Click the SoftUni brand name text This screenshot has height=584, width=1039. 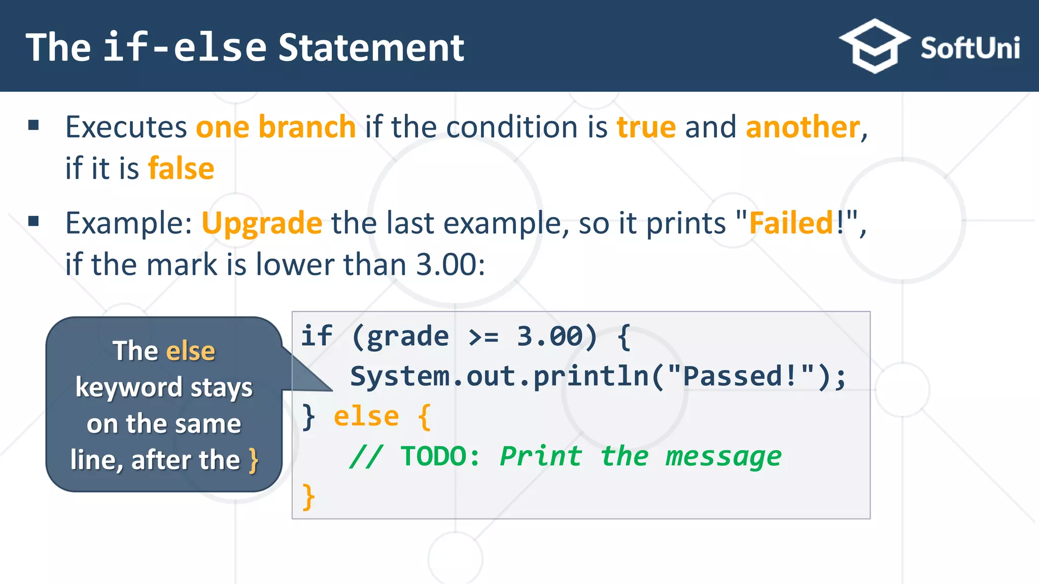(969, 49)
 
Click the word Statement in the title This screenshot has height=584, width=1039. (371, 48)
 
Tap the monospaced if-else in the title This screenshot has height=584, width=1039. (185, 48)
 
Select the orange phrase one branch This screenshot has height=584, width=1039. (275, 127)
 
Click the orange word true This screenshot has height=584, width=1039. (646, 127)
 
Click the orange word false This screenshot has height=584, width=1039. (181, 168)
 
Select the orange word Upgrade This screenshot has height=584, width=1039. (262, 223)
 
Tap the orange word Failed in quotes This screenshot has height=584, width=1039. (791, 223)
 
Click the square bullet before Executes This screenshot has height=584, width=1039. (34, 125)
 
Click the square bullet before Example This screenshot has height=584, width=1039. (34, 221)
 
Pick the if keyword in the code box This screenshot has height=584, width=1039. (317, 336)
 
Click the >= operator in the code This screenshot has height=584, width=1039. (483, 337)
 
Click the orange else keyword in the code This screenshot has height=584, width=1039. (366, 417)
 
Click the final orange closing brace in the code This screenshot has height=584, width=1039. (308, 496)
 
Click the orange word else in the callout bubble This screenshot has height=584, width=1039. (191, 351)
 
